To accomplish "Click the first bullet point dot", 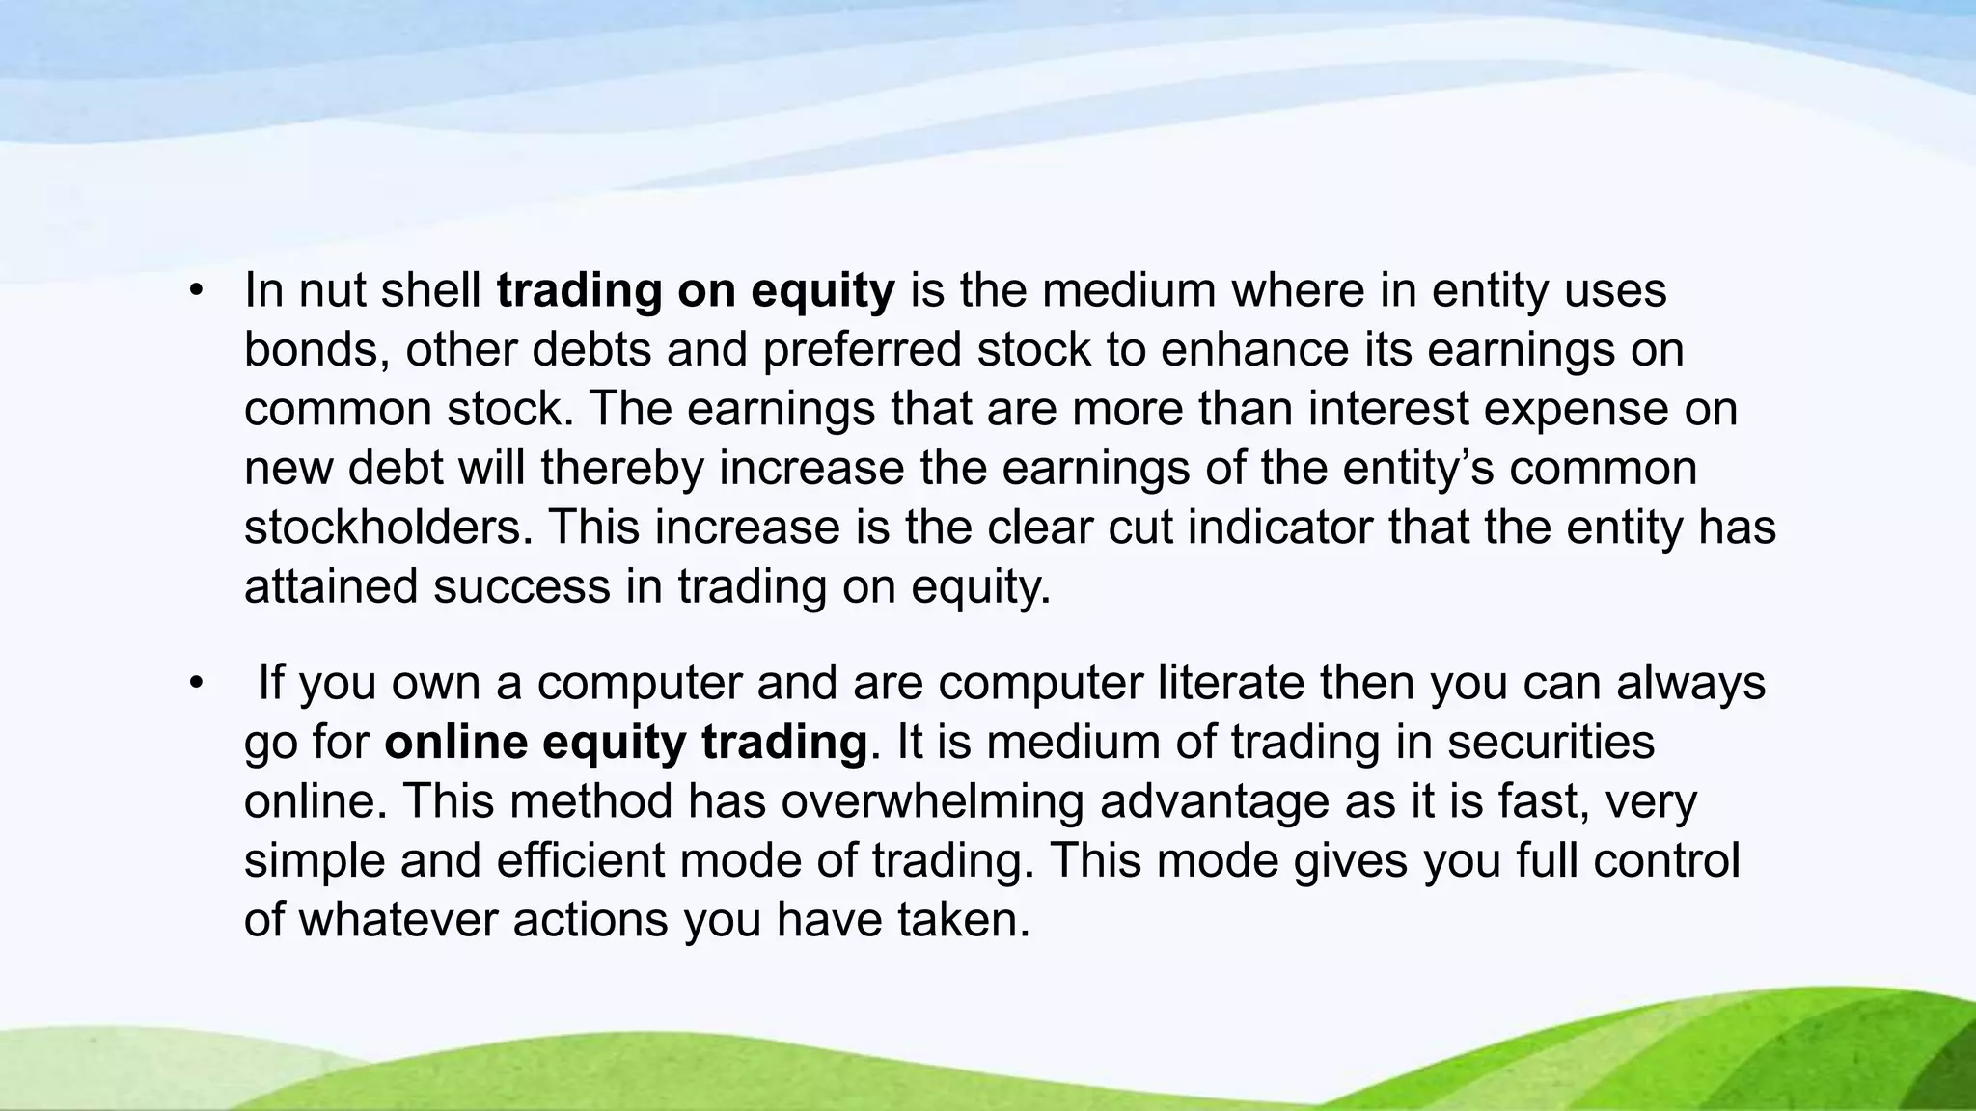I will coord(197,291).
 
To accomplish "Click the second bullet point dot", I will coord(197,684).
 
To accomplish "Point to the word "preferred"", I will coord(863,349).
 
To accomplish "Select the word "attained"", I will coord(331,586).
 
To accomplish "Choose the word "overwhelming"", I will coord(932,802).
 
